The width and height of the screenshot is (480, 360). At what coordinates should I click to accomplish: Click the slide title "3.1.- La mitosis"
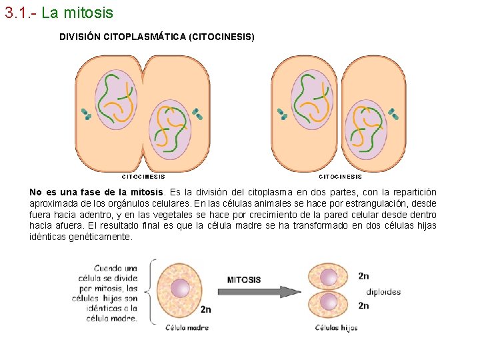[x=59, y=13]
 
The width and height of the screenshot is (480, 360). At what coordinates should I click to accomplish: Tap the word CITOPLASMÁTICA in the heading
[x=145, y=37]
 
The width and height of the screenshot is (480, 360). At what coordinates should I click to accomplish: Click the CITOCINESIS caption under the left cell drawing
[x=143, y=177]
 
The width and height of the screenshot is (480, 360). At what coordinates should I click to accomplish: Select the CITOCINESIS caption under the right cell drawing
[x=341, y=177]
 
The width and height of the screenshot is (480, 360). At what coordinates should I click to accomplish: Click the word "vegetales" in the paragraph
[x=173, y=215]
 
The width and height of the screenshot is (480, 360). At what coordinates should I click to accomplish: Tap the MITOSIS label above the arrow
[x=244, y=280]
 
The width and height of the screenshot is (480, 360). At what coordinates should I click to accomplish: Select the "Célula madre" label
[x=187, y=327]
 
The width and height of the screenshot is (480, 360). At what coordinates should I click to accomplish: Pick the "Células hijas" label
[x=336, y=327]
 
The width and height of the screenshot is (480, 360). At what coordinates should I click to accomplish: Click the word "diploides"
[x=383, y=291]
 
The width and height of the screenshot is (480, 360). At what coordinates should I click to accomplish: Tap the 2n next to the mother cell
[x=206, y=309]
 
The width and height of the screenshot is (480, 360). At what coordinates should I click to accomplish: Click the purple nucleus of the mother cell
[x=181, y=289]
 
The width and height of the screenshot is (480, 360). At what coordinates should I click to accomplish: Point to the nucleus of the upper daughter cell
[x=329, y=277]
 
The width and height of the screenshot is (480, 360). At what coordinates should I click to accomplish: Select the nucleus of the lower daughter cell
[x=329, y=302]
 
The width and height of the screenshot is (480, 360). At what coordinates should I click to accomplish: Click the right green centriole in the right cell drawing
[x=393, y=114]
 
